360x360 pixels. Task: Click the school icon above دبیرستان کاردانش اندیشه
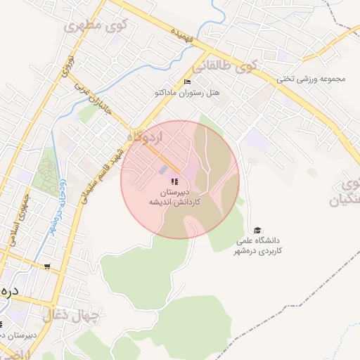pyautogui.click(x=174, y=182)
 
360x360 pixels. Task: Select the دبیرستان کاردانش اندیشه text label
pyautogui.click(x=174, y=196)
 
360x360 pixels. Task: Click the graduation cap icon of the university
pyautogui.click(x=257, y=231)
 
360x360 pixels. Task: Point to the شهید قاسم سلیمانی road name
pyautogui.click(x=102, y=172)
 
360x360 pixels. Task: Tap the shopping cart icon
pyautogui.click(x=47, y=266)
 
